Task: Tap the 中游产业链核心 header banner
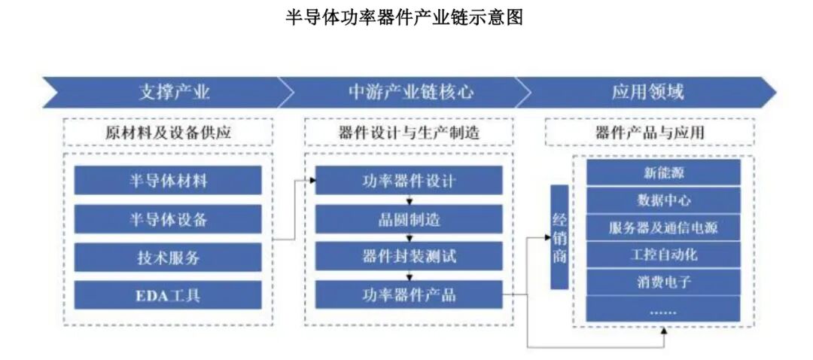(410, 93)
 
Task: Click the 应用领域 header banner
(647, 93)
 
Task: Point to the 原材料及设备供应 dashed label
(168, 133)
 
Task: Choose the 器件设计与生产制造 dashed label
(410, 133)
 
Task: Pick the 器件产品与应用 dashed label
(649, 133)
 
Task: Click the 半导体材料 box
(168, 181)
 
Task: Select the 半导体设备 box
(168, 219)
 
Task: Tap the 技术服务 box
(168, 258)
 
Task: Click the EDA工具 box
(168, 295)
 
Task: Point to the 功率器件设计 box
(409, 181)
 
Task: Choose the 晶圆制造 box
(409, 219)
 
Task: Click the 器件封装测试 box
(409, 257)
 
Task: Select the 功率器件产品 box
(409, 294)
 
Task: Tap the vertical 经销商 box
(559, 237)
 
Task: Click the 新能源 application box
(663, 172)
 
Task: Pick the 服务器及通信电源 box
(663, 227)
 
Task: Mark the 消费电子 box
(663, 282)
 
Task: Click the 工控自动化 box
(663, 255)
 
